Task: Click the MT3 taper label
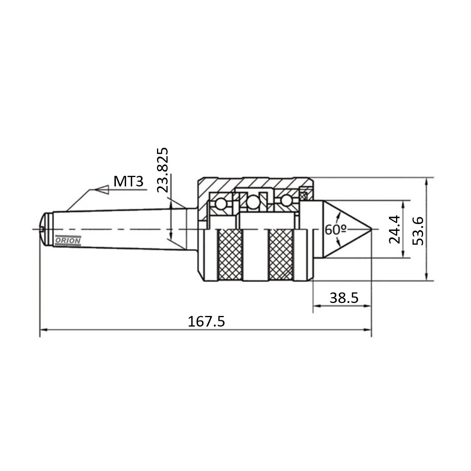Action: pos(128,182)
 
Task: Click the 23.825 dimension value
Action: pos(162,170)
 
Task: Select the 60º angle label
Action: pos(336,230)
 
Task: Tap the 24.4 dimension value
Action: pos(394,229)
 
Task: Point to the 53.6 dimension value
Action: pos(418,231)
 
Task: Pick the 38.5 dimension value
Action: pos(344,298)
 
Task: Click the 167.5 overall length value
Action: pos(206,321)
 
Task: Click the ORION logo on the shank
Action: pos(68,241)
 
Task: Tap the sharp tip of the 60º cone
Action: pos(371,229)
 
